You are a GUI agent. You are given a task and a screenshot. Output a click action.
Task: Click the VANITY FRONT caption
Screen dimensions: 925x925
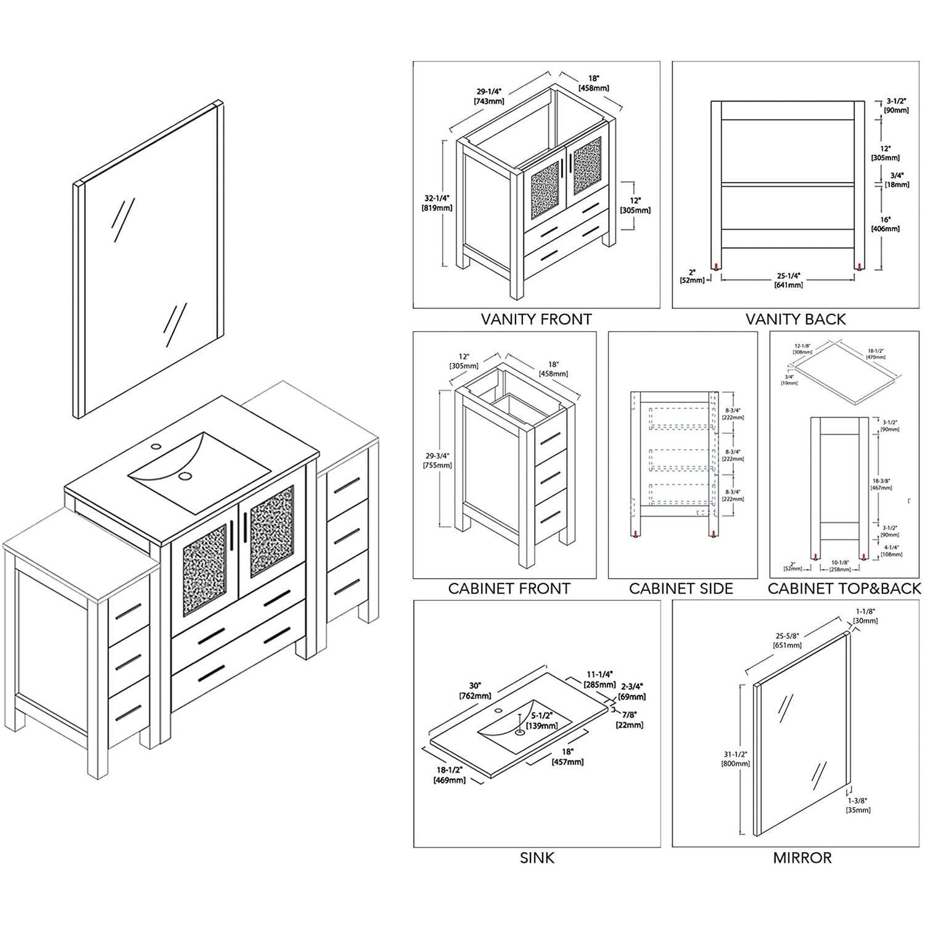pos(536,319)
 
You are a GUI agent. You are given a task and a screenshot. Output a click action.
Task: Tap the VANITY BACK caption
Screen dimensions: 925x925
pos(795,319)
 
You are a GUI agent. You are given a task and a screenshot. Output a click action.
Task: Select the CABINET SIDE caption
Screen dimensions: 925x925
pos(681,588)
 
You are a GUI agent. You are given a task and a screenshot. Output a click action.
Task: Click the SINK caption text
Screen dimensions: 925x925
pos(536,858)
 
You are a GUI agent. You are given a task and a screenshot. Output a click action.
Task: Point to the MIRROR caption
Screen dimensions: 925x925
pos(802,858)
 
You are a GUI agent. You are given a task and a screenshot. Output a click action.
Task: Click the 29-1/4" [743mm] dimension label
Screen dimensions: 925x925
pos(488,96)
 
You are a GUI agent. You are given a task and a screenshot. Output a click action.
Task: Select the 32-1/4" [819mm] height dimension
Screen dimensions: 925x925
pos(437,203)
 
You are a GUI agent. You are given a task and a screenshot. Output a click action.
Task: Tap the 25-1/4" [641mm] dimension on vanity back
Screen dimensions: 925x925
pos(788,280)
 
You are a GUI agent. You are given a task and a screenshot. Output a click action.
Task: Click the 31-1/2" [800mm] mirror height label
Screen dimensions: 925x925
pos(735,758)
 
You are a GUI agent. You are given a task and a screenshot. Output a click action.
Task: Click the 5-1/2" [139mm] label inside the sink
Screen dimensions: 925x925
pos(543,720)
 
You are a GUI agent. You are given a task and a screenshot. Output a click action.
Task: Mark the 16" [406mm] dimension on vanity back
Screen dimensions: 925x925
pos(885,224)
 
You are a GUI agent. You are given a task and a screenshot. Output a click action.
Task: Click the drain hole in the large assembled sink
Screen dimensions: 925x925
pos(184,476)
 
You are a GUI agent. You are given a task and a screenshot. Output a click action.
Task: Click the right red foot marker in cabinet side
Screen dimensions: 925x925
pos(713,535)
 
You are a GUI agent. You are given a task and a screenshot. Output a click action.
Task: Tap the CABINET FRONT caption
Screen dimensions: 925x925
pos(509,588)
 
